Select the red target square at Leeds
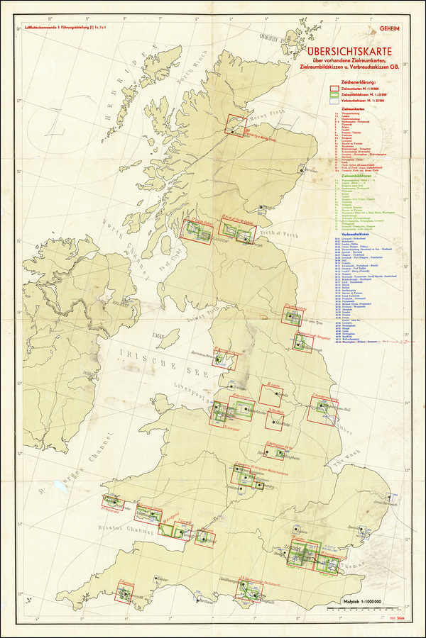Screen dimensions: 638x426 pos(271,394)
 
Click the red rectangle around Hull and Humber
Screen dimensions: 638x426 pos(325,411)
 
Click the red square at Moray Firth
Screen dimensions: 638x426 pos(236,125)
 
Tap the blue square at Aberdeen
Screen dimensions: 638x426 pos(303,172)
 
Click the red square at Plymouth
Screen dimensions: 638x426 pos(125,593)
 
